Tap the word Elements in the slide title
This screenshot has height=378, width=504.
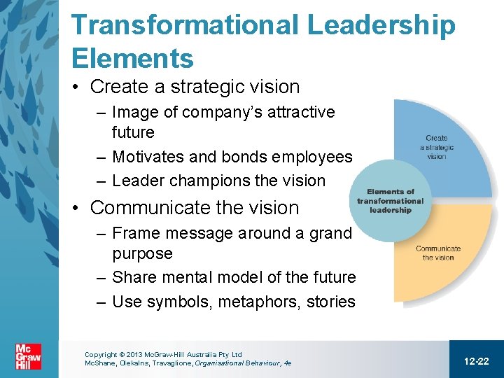click(132, 58)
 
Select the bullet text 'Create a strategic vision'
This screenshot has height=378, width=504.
click(195, 87)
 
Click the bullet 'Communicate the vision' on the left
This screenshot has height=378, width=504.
click(194, 208)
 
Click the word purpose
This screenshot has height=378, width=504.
click(142, 253)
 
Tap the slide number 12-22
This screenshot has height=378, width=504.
click(476, 360)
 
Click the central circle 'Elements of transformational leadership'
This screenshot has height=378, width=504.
click(391, 201)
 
